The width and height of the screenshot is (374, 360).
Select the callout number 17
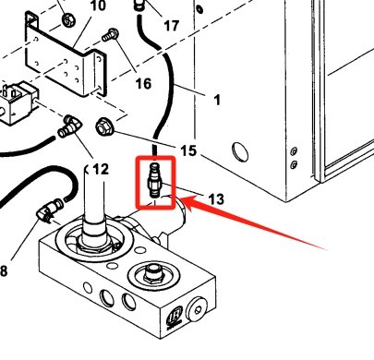tap(172, 25)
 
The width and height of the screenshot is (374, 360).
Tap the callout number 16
tap(143, 84)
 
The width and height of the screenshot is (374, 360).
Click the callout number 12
tap(100, 169)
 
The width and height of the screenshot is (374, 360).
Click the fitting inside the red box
tap(155, 182)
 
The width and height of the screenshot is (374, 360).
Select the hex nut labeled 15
tap(104, 125)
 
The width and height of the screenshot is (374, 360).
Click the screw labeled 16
tap(111, 37)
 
